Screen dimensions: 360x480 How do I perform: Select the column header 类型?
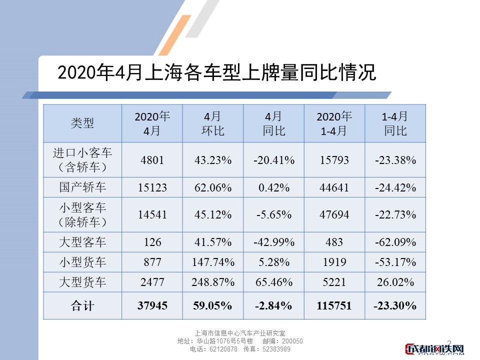pyautogui.click(x=82, y=123)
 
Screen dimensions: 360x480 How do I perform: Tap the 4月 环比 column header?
pyautogui.click(x=213, y=123)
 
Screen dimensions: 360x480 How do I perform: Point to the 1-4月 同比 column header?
pyautogui.click(x=395, y=123)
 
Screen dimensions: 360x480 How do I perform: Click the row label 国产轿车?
pyautogui.click(x=82, y=188)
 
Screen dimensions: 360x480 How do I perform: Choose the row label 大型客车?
pyautogui.click(x=82, y=242)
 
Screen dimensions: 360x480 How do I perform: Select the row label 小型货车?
pyautogui.click(x=82, y=262)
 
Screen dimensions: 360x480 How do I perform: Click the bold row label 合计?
pyautogui.click(x=82, y=306)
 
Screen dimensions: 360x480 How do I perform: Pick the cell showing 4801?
pyautogui.click(x=152, y=160)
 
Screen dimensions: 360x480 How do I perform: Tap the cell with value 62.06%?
pyautogui.click(x=213, y=188)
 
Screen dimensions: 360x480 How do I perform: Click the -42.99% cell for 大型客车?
pyautogui.click(x=273, y=242)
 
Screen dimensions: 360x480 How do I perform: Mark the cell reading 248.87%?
pyautogui.click(x=213, y=282)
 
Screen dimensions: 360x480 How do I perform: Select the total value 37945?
pyautogui.click(x=152, y=306)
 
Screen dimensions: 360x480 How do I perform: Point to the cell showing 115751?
pyautogui.click(x=334, y=306)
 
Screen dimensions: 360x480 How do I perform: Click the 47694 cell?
pyautogui.click(x=334, y=215)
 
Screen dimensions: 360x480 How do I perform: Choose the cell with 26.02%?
pyautogui.click(x=395, y=282)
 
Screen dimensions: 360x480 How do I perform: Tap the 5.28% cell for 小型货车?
pyautogui.click(x=273, y=262)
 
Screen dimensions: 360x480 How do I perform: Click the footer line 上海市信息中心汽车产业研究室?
pyautogui.click(x=239, y=333)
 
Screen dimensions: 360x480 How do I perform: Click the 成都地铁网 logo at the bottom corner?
pyautogui.click(x=435, y=349)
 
